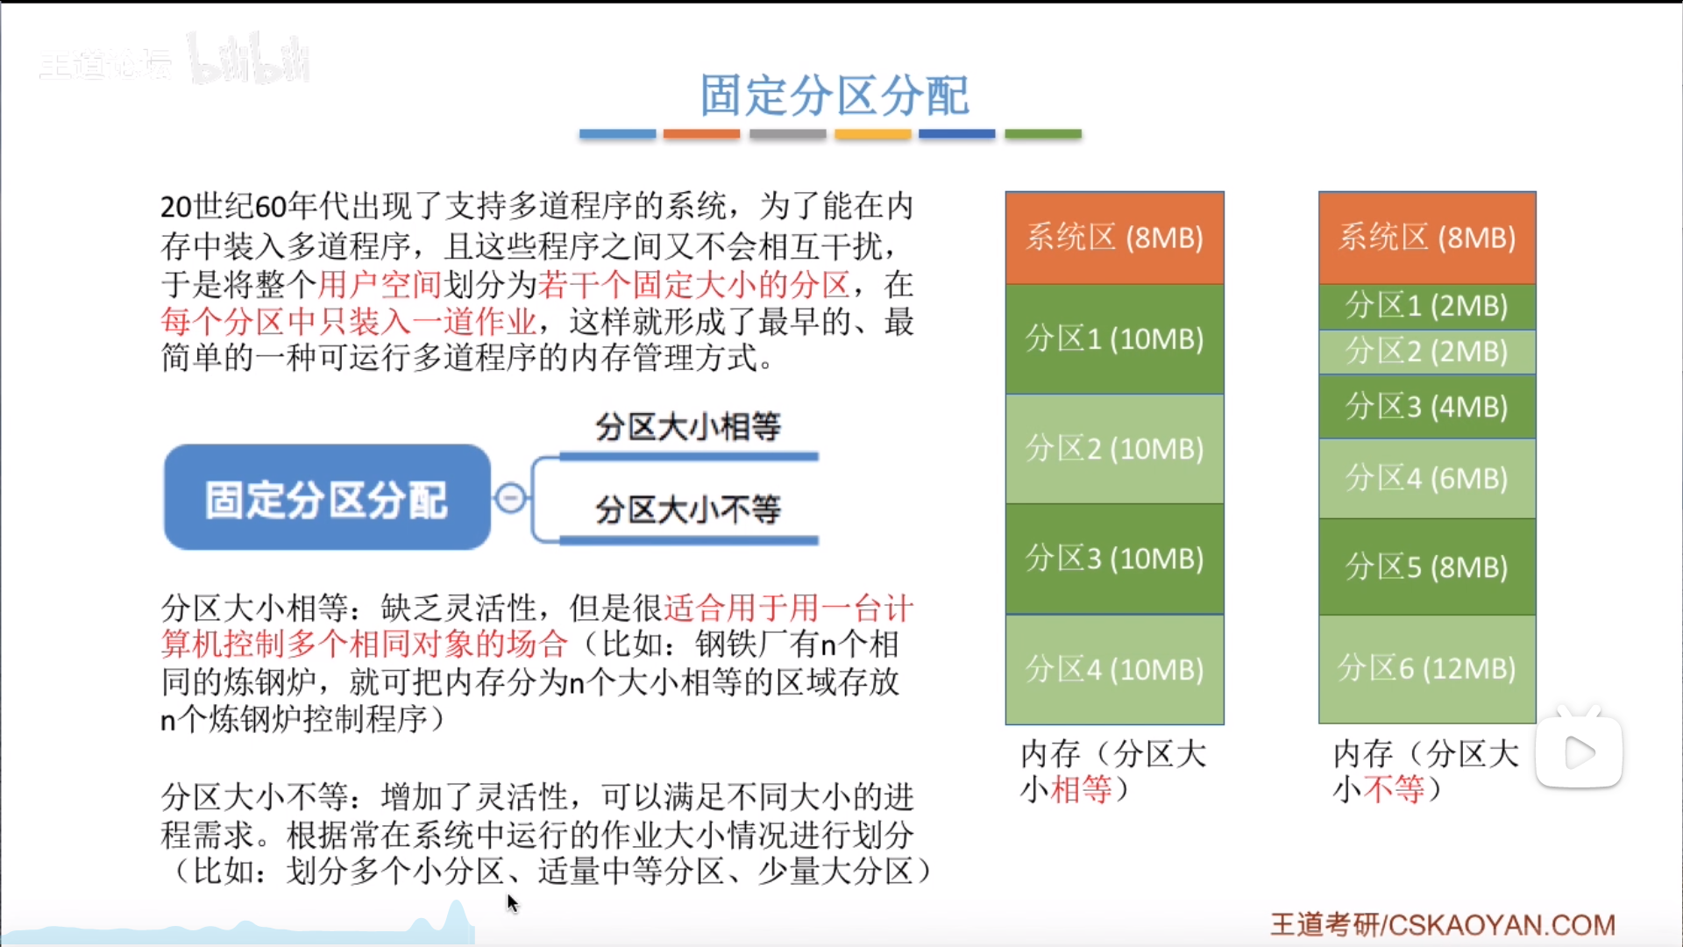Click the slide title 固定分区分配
834,95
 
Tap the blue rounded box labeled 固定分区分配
327,497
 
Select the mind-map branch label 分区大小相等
688,427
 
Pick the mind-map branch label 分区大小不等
688,509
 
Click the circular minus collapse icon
511,498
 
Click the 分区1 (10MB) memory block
1114,339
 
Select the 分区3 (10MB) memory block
1114,559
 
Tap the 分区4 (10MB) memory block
1114,670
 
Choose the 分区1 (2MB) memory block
1427,306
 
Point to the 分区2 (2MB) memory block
1427,352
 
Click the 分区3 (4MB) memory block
1427,406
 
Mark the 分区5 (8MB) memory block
1427,566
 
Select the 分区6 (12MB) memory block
1427,669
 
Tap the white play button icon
1580,752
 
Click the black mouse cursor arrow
513,903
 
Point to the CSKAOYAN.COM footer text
1502,925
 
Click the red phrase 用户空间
379,284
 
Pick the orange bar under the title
701,134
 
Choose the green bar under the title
1043,134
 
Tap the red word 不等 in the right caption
1394,789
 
